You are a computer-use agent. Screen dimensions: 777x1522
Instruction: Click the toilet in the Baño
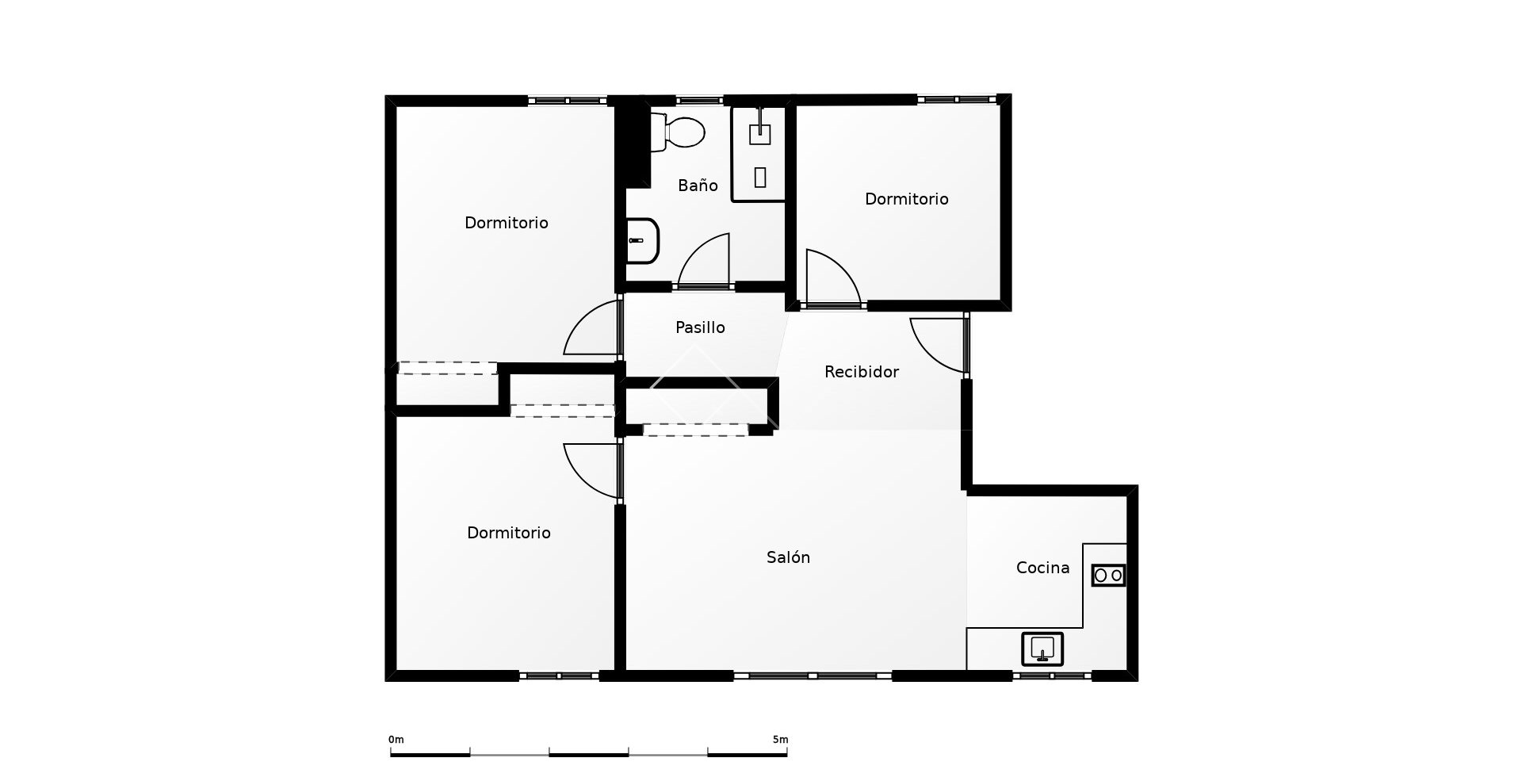(679, 132)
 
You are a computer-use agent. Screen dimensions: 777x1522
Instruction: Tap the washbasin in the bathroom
(642, 241)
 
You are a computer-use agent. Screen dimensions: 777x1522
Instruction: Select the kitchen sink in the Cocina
(1042, 649)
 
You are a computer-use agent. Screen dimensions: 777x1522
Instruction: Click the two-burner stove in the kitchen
(1108, 575)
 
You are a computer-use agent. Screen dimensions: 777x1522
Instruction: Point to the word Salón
(788, 557)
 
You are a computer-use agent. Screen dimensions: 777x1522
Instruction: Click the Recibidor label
(861, 372)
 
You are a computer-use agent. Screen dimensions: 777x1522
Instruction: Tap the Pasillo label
(700, 327)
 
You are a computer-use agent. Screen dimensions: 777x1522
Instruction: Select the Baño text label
(698, 186)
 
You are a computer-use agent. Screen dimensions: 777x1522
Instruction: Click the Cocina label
(1042, 568)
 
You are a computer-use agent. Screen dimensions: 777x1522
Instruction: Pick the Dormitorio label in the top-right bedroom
(906, 199)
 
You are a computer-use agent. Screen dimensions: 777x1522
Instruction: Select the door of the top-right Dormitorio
(832, 279)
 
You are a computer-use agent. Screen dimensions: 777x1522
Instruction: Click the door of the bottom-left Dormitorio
(591, 470)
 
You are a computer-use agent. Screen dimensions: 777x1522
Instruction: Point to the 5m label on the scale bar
(780, 740)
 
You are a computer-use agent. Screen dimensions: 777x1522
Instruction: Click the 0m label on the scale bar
(396, 740)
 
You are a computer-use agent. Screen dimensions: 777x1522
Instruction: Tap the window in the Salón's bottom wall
(813, 676)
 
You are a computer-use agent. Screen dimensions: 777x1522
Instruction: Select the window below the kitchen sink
(1051, 676)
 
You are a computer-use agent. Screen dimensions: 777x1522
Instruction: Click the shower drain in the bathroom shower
(759, 177)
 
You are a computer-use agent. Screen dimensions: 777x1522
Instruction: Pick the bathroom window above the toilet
(699, 101)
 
